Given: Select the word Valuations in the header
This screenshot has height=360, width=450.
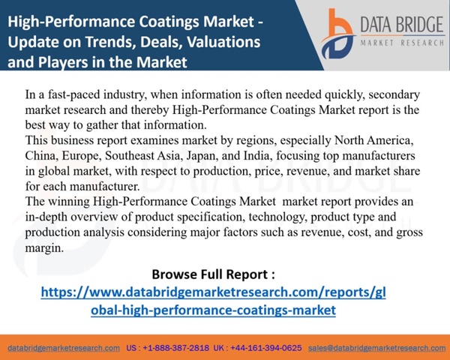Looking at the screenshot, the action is (x=223, y=41).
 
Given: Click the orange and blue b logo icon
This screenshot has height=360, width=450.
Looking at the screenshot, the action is (x=338, y=34).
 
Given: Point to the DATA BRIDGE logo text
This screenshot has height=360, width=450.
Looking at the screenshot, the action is (x=402, y=24).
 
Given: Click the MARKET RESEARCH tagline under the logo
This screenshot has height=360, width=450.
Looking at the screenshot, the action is (x=402, y=43).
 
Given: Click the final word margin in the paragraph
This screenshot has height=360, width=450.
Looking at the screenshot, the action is (x=44, y=247).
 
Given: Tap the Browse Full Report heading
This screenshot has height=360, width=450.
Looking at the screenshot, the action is (x=213, y=274).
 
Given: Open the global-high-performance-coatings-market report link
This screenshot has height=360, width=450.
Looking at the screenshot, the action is (x=213, y=301).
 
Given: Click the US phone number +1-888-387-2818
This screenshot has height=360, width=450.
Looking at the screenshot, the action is (x=176, y=348).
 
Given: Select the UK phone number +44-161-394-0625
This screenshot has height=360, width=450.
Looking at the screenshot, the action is (x=266, y=348).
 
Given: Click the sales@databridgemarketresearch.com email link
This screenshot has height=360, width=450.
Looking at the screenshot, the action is (x=376, y=348).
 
